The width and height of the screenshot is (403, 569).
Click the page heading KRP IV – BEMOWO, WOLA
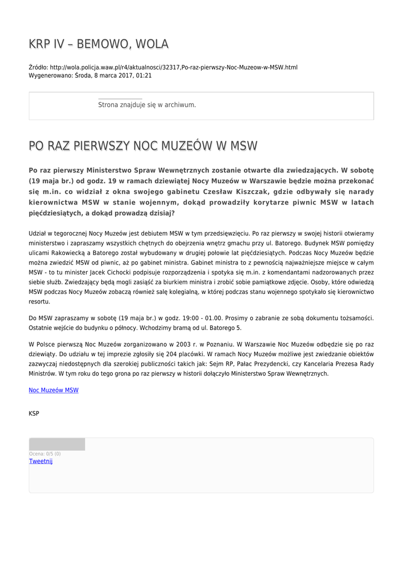pos(98,44)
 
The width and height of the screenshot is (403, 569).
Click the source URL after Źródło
pos(173,67)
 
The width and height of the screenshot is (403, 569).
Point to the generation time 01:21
pos(144,76)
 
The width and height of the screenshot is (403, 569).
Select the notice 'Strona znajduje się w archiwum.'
pos(147,104)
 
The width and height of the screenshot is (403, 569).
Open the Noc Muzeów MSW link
pos(53,391)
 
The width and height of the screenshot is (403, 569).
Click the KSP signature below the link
pos(34,413)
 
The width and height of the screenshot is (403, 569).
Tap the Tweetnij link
pos(41,461)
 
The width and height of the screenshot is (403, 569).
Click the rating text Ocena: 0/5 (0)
pos(45,454)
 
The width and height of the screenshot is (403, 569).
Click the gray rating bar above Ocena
pos(57,444)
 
